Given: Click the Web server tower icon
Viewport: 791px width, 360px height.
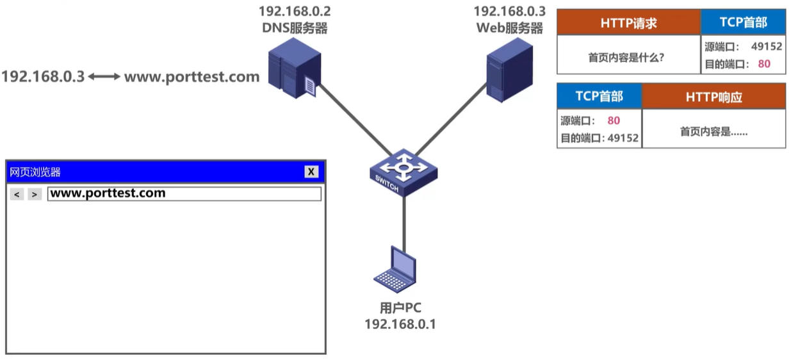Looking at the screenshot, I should (509, 69).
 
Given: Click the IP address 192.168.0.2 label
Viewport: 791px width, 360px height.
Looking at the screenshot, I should (295, 12).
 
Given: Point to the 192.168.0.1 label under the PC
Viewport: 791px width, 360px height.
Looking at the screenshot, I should (400, 324).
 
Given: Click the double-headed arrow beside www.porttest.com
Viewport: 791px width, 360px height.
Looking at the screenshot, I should (104, 77).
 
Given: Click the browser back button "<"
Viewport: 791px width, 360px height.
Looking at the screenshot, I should (17, 194).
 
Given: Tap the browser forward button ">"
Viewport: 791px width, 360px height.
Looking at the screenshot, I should (35, 194).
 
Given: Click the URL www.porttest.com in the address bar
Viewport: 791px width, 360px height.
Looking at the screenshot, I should (108, 193).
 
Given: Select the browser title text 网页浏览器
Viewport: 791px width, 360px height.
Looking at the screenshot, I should (35, 172).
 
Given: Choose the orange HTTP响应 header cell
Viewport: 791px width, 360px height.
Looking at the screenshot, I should (714, 97).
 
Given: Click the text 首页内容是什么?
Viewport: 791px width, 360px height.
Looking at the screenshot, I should (626, 57).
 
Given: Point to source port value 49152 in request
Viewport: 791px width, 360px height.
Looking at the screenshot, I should (766, 47).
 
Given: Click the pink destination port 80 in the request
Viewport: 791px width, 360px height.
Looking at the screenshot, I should (763, 63).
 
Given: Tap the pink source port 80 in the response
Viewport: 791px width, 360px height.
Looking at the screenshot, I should (613, 120).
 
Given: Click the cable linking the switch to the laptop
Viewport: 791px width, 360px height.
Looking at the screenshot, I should (404, 221).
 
